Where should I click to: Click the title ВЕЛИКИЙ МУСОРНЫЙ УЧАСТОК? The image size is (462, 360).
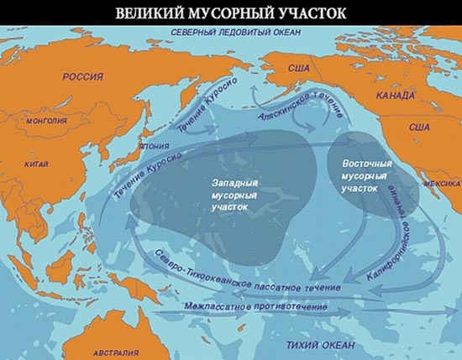pyautogui.click(x=231, y=13)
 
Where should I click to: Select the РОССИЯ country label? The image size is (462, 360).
pyautogui.click(x=83, y=76)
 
